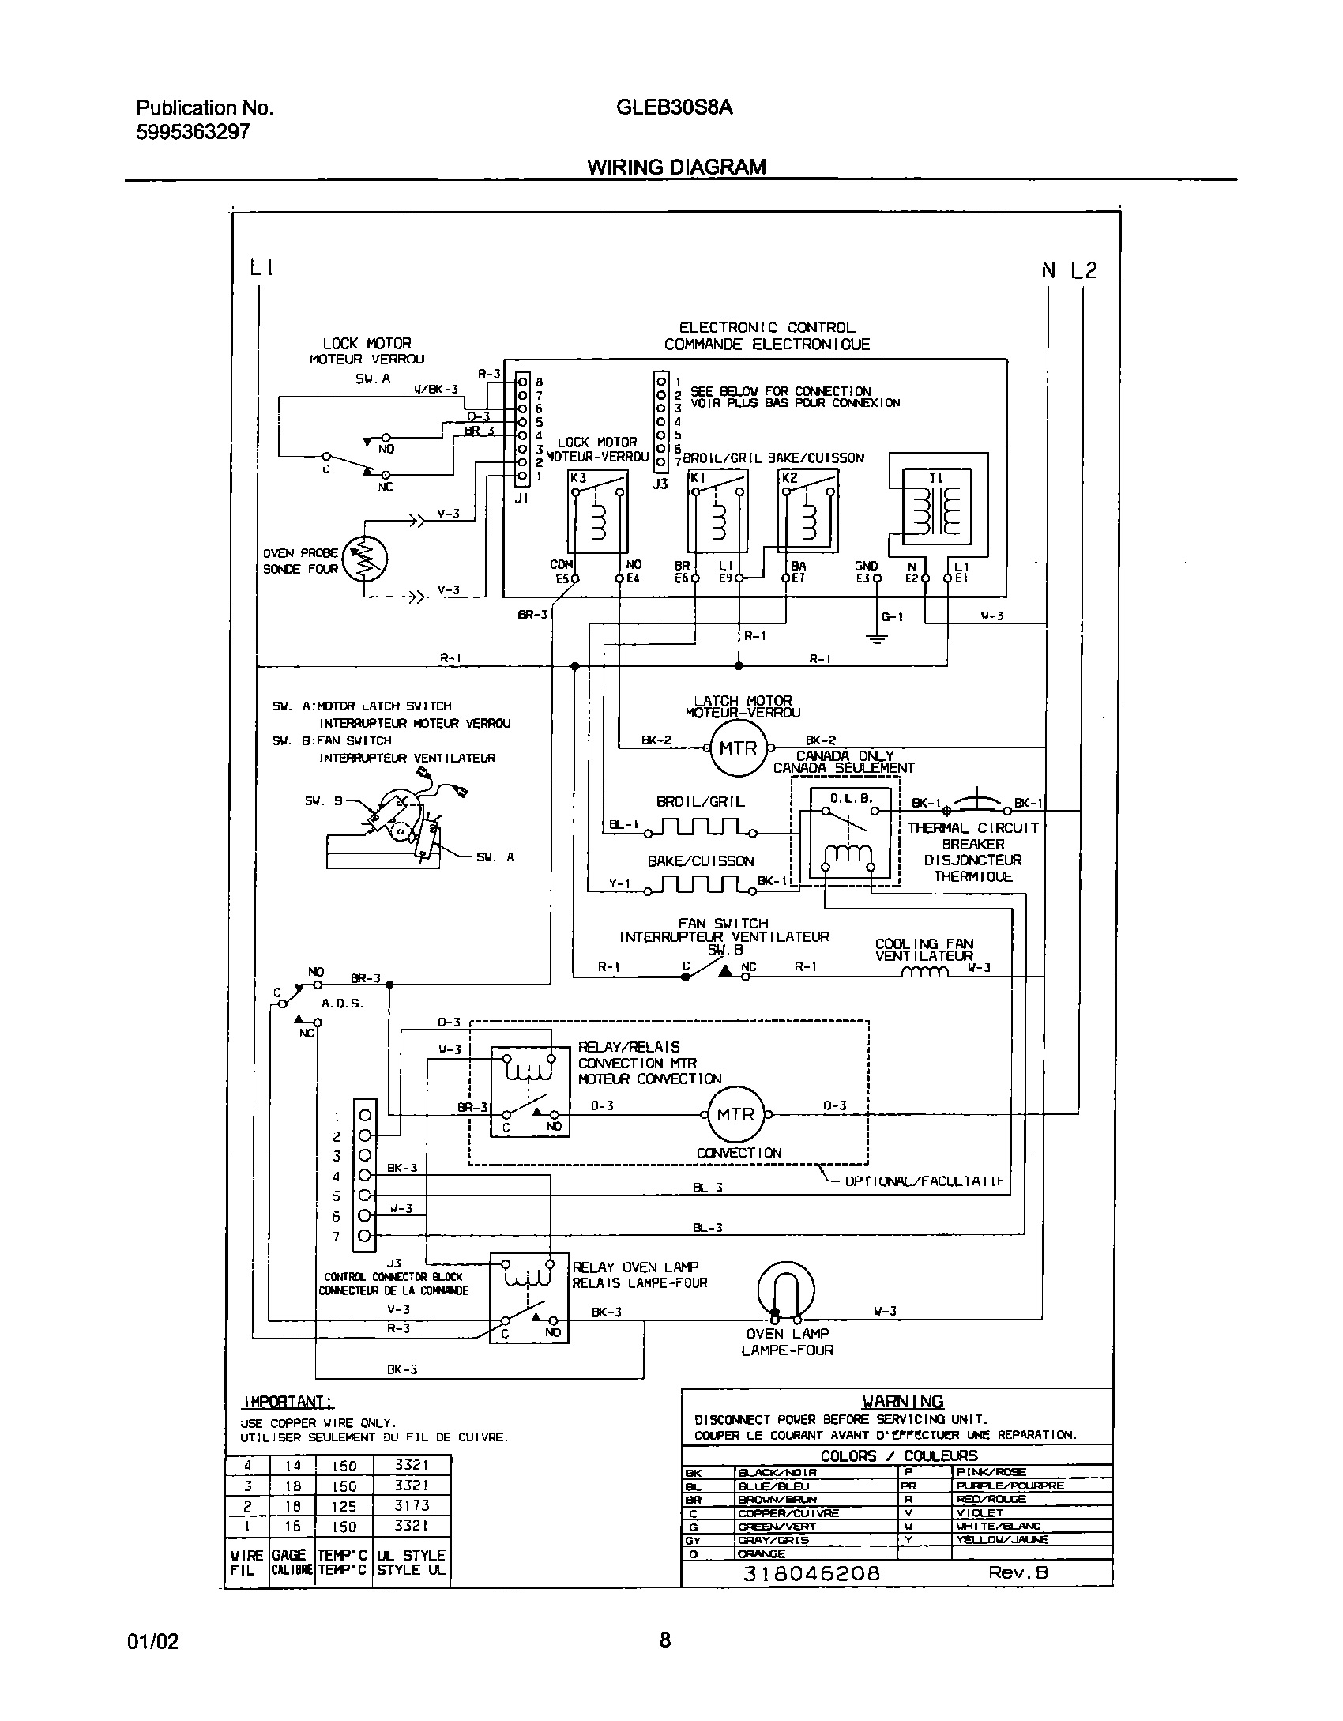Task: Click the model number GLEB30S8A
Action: coord(673,107)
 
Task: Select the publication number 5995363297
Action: coord(193,132)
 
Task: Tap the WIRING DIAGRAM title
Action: coord(676,167)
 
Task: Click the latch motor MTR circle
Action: coord(737,748)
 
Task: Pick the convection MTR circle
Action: coord(735,1114)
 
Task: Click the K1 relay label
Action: coord(698,478)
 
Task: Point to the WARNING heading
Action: coord(902,1401)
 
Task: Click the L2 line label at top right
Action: coord(1083,270)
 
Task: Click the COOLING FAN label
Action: coord(924,943)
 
